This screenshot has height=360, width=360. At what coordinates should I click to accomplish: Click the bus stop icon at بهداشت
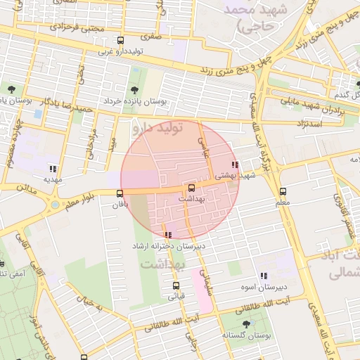pyautogui.click(x=191, y=188)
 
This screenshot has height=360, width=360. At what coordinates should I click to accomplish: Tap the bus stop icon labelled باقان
pyautogui.click(x=120, y=193)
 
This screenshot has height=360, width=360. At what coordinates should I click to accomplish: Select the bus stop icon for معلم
pyautogui.click(x=283, y=191)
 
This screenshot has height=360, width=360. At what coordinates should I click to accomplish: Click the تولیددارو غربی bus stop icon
pyautogui.click(x=120, y=41)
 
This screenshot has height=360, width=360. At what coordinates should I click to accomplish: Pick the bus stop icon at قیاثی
pyautogui.click(x=176, y=285)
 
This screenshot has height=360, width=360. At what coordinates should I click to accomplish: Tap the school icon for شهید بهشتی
pyautogui.click(x=235, y=165)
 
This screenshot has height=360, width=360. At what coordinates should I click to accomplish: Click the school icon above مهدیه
pyautogui.click(x=53, y=168)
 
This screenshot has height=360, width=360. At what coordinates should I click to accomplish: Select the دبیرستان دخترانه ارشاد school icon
pyautogui.click(x=167, y=236)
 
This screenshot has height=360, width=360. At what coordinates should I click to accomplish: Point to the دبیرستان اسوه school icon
pyautogui.click(x=264, y=276)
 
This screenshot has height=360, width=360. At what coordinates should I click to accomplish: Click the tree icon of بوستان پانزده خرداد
pyautogui.click(x=134, y=89)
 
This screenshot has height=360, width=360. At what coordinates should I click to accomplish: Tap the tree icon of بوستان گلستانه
pyautogui.click(x=245, y=323)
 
